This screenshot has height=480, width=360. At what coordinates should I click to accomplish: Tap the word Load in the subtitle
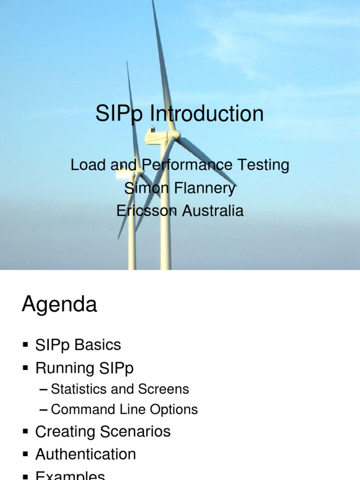click(x=86, y=165)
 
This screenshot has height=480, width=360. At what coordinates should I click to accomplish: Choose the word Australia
click(x=213, y=211)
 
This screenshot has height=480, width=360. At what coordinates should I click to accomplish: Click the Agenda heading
click(x=60, y=305)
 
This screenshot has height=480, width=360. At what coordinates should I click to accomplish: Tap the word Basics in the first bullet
click(x=97, y=345)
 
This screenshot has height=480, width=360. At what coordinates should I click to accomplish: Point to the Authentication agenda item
click(x=86, y=454)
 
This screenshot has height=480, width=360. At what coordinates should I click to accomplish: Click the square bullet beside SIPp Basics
click(x=25, y=345)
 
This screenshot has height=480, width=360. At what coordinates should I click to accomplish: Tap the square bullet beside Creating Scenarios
click(x=25, y=432)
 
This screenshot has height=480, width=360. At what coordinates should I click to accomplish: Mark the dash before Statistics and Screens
click(x=44, y=390)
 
